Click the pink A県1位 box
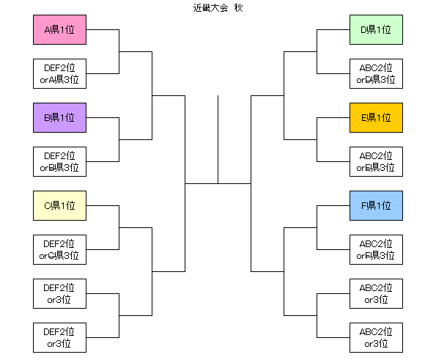(59, 30)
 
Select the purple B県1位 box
(59, 118)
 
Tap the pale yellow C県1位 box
(59, 205)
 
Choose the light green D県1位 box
(376, 30)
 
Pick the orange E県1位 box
(376, 118)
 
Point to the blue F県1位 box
(376, 205)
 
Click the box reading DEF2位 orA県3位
(59, 74)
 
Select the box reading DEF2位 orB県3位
(59, 161)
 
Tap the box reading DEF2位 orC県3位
(59, 249)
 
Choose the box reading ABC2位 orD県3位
(376, 74)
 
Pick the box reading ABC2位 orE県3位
(376, 161)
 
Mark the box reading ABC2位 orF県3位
(376, 249)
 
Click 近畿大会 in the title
(210, 8)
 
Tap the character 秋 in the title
(239, 8)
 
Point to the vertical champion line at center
(218, 139)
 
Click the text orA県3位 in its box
(59, 80)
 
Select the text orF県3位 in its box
(375, 255)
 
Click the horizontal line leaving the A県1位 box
(103, 30)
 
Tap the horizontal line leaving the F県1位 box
(333, 205)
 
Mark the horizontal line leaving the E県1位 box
(333, 118)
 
